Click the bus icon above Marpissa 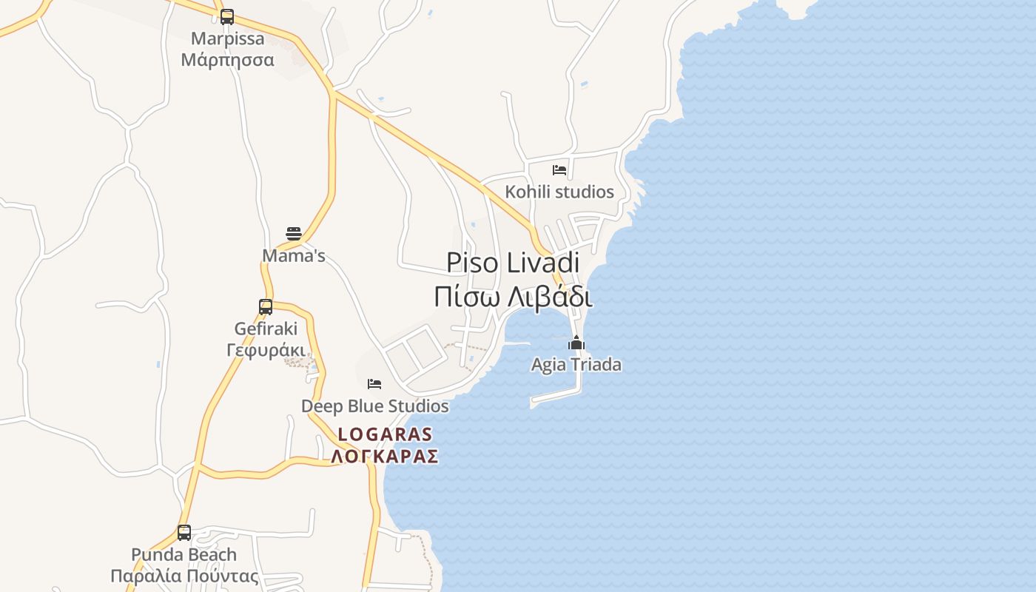click(x=227, y=17)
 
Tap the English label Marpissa click(x=227, y=38)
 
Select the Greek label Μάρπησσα click(x=227, y=60)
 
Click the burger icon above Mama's click(x=294, y=235)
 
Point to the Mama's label click(x=294, y=256)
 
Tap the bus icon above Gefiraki click(x=266, y=306)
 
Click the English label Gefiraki click(x=266, y=328)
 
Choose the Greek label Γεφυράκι click(x=266, y=349)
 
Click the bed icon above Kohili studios click(x=559, y=170)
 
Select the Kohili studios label click(x=559, y=192)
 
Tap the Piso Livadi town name click(x=513, y=263)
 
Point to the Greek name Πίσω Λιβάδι click(x=513, y=297)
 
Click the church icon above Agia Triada click(x=576, y=343)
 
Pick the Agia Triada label click(x=576, y=365)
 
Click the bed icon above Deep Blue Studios click(x=374, y=384)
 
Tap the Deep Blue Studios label click(x=374, y=406)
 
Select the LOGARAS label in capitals click(x=385, y=434)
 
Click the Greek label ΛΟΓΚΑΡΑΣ click(x=385, y=457)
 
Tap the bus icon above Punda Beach click(x=184, y=532)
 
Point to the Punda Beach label click(x=184, y=554)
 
